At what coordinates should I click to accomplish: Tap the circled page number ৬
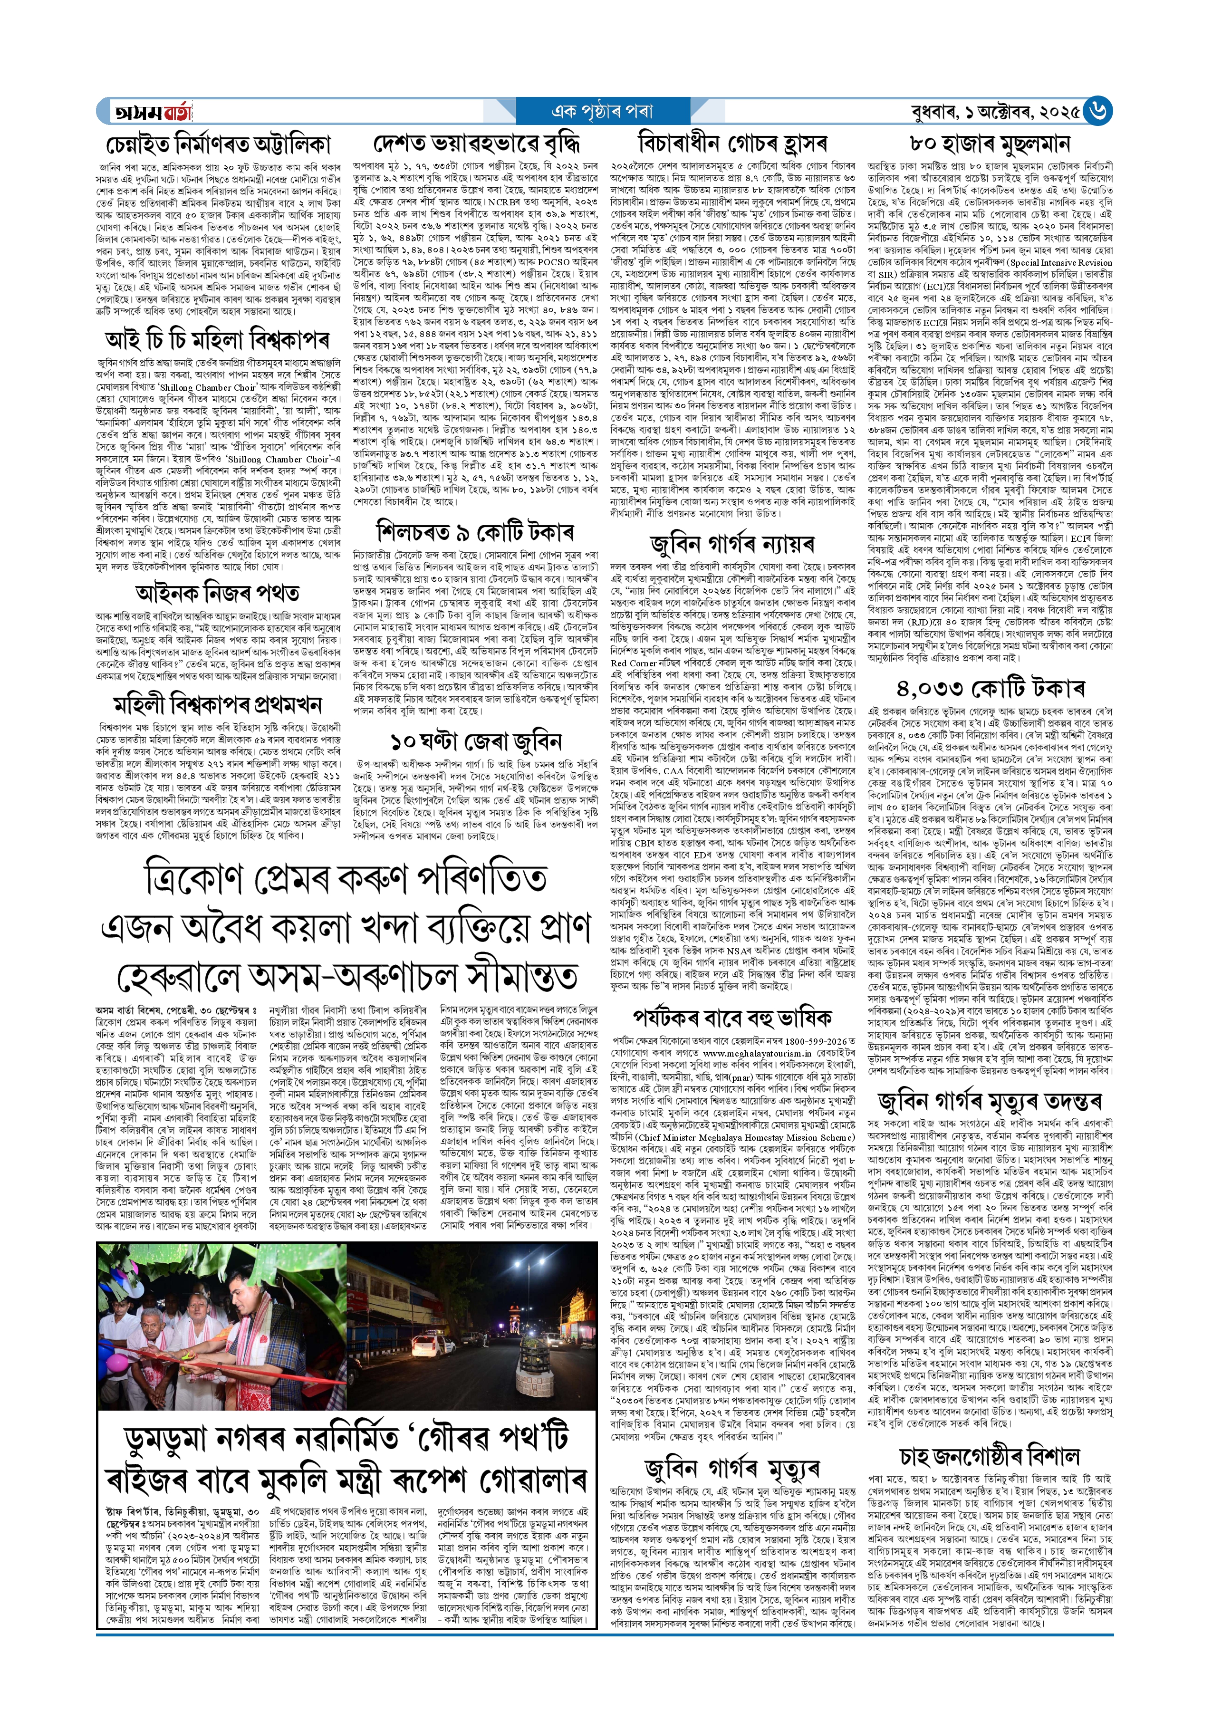coord(1099,111)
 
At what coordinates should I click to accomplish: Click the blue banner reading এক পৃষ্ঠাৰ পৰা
coord(601,112)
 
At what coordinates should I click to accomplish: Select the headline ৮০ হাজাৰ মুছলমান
coord(991,144)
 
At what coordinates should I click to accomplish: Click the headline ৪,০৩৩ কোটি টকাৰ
coord(991,689)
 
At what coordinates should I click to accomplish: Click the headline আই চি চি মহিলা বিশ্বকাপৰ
coord(217,341)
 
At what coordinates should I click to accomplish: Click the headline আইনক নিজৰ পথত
coord(217,593)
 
